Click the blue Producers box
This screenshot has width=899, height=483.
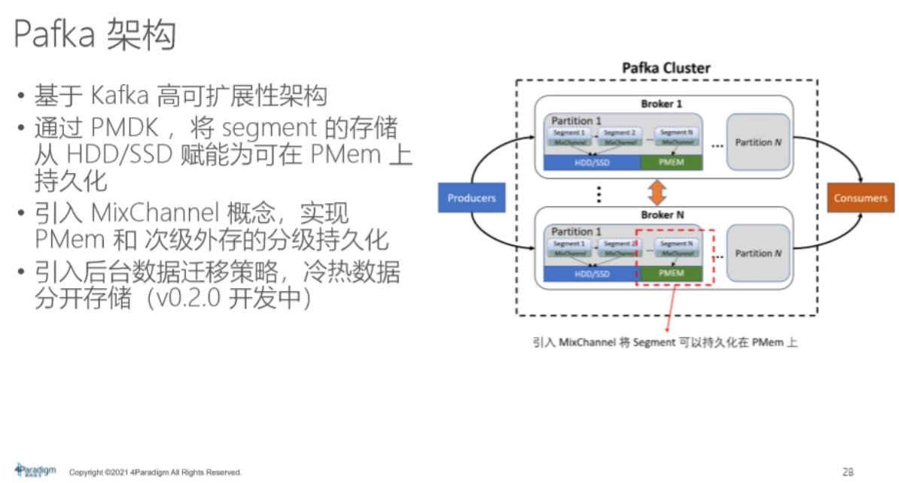coord(471,198)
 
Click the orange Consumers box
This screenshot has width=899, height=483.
coord(860,198)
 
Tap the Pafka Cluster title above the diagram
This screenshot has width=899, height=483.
coord(666,68)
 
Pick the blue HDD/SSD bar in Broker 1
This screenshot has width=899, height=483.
coord(591,163)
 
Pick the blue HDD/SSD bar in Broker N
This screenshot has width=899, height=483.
coord(591,274)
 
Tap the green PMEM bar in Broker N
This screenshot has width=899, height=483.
coord(670,274)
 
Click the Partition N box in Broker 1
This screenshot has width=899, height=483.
coord(758,142)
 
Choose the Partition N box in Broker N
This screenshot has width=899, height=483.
coord(758,253)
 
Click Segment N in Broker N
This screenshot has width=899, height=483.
coord(675,244)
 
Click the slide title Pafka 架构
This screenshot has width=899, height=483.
coord(95,35)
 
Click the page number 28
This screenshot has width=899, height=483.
coord(847,472)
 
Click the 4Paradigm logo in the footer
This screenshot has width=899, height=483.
coord(35,470)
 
